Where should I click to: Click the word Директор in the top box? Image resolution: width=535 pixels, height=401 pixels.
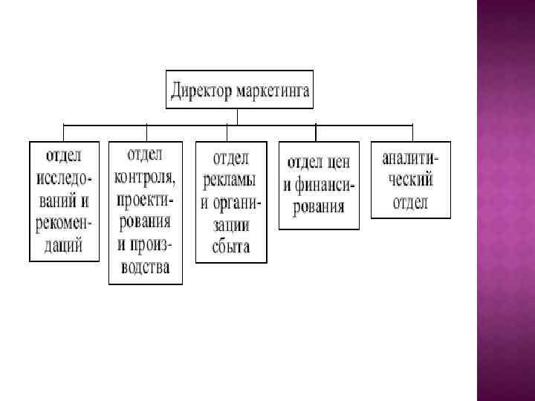201,92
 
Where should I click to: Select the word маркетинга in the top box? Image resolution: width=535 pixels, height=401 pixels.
273,92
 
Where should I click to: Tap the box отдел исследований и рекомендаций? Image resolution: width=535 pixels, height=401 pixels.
64,200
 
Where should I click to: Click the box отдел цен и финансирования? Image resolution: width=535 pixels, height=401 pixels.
318,184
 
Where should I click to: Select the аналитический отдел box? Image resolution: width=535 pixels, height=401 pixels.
410,180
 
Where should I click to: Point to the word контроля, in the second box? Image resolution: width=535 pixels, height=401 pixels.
145,177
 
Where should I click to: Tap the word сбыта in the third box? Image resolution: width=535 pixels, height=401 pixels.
231,247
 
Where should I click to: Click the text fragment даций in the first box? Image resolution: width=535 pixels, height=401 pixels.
64,245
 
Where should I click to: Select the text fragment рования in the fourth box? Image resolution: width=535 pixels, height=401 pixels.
318,206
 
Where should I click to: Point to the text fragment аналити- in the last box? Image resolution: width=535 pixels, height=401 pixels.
410,158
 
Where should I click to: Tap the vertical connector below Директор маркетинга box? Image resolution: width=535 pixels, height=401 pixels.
237,116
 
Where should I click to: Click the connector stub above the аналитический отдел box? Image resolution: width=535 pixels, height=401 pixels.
411,132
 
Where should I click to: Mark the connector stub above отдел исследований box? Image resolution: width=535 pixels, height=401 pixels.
64,132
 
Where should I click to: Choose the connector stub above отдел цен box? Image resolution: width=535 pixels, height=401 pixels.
316,132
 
